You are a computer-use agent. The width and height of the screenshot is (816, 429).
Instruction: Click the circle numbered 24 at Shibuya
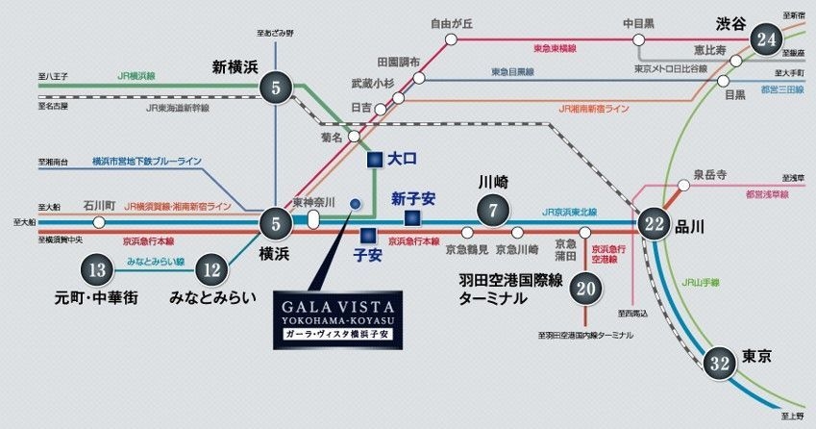(766, 40)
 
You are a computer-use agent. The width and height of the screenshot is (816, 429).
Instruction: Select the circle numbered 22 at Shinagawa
(655, 223)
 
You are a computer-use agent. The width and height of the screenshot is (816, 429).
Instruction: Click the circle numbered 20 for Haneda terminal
(587, 287)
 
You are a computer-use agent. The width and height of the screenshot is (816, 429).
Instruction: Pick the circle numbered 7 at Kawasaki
(492, 210)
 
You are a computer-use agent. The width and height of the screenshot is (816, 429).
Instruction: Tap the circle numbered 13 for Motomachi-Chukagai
(96, 270)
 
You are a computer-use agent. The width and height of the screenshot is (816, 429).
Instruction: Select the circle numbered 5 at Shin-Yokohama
(276, 89)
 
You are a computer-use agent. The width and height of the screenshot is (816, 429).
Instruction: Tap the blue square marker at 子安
(366, 234)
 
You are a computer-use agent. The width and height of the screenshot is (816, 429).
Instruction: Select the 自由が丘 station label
(451, 23)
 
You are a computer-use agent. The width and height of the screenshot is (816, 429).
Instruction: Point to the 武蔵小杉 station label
(373, 85)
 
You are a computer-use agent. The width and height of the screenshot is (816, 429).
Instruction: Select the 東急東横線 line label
(555, 47)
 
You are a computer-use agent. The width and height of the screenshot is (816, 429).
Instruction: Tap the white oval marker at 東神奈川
(313, 220)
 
